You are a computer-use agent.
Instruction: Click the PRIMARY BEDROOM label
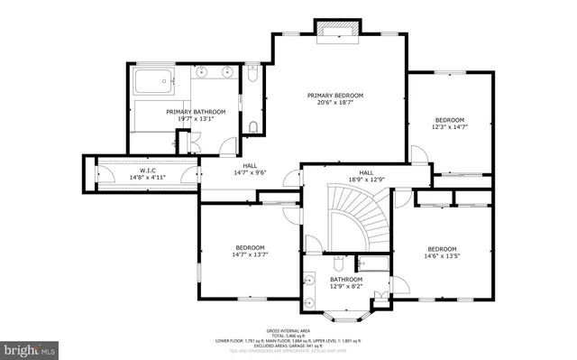tap(334, 96)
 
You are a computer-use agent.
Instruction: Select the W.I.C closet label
tap(148, 171)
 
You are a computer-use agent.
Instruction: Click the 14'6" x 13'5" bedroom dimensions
tap(442, 256)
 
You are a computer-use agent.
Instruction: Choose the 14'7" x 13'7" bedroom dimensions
tap(250, 255)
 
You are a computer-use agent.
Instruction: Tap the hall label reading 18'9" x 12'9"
tap(366, 180)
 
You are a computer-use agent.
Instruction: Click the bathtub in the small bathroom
tap(373, 264)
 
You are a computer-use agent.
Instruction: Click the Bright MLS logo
tap(30, 346)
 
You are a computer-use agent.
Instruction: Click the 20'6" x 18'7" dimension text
tap(334, 104)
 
